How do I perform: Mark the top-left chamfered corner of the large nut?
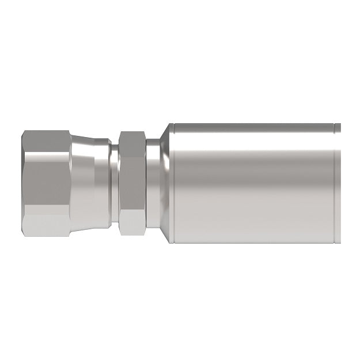coord(26,135)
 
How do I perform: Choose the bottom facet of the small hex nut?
coord(132,224)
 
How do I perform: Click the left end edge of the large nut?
coord(22,183)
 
